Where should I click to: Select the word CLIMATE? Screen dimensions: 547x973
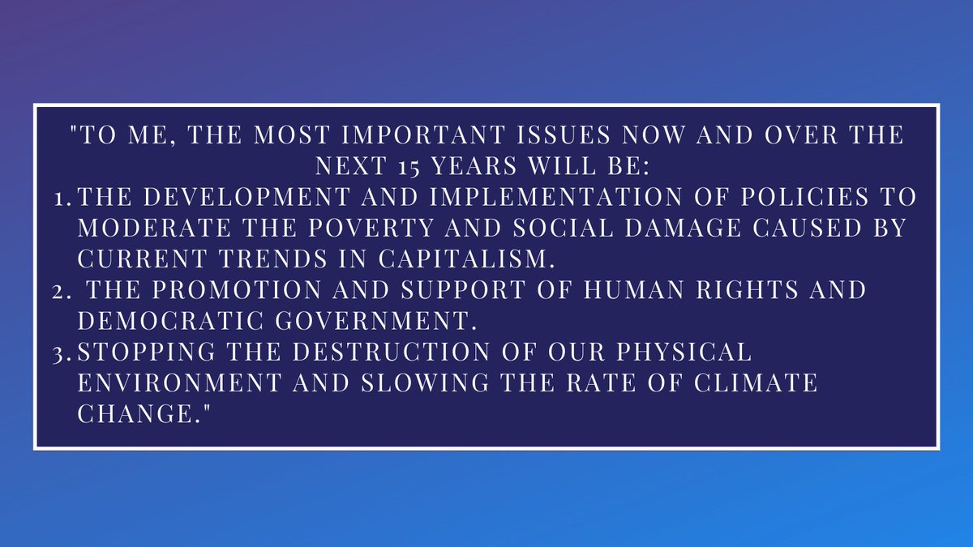(x=748, y=382)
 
